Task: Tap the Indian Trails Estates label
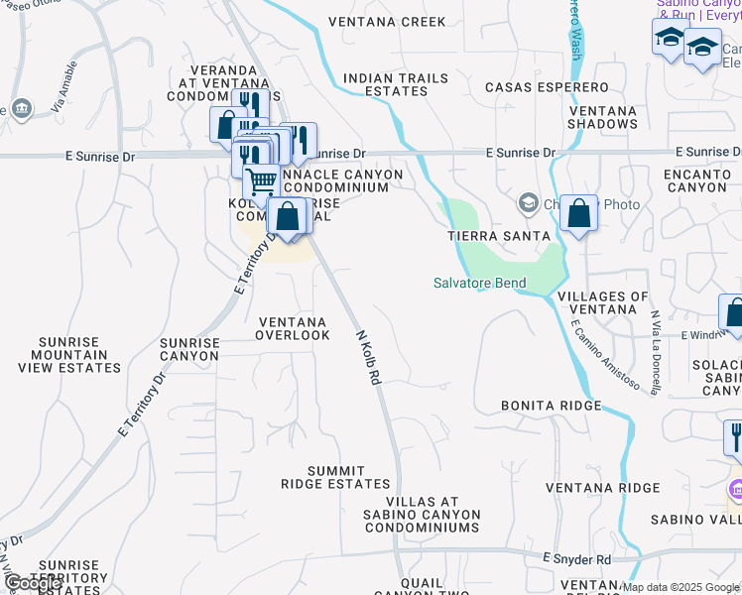point(385,84)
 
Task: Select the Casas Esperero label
point(547,87)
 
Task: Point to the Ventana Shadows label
point(602,117)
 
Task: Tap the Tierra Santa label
point(498,236)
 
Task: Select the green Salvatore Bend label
point(480,283)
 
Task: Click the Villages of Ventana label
point(603,303)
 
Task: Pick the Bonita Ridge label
point(551,406)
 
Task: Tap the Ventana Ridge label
point(603,487)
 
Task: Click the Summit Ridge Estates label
point(335,477)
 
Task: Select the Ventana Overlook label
point(293,328)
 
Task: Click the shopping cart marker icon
point(261,181)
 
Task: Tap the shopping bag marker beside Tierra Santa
point(578,212)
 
